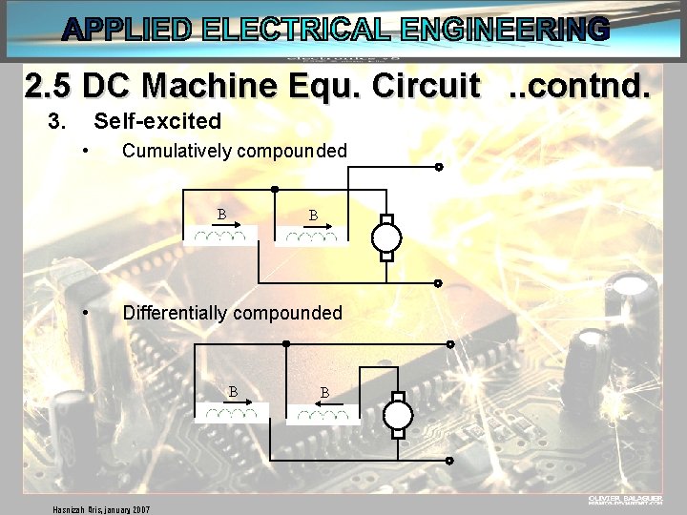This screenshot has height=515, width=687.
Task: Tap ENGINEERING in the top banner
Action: point(505,30)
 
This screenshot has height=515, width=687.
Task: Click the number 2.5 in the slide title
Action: point(49,87)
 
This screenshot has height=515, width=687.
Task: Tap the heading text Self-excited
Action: point(157,121)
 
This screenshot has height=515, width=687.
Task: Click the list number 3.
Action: point(57,121)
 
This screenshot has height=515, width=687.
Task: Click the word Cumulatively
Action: point(177,151)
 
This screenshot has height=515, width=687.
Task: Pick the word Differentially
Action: point(176,313)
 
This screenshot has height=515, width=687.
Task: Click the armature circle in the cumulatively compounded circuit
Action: point(386,235)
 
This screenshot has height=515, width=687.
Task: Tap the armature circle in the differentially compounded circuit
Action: point(398,415)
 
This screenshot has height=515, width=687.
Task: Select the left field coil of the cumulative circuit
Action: point(220,235)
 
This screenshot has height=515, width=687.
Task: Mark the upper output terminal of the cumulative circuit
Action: point(439,167)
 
